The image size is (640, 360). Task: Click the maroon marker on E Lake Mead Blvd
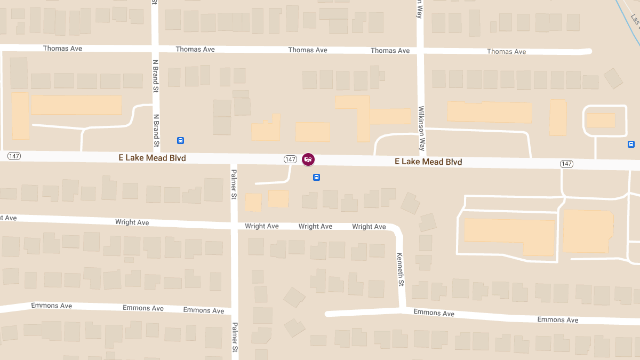click(x=308, y=159)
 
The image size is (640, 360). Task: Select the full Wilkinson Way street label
click(x=422, y=129)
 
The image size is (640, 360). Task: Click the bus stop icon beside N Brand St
click(x=180, y=140)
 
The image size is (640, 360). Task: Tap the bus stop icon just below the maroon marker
click(x=316, y=177)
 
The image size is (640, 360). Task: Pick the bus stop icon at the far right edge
click(x=631, y=144)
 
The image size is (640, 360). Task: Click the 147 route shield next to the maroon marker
click(x=290, y=159)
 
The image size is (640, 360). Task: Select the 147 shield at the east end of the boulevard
click(x=566, y=164)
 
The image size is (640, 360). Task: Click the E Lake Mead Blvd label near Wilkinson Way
click(x=428, y=162)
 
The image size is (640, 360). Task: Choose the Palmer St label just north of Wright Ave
click(x=234, y=185)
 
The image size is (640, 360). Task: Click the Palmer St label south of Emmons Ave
click(x=234, y=337)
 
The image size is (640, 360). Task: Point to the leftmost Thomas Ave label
click(x=62, y=49)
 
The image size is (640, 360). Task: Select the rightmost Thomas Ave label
click(x=506, y=52)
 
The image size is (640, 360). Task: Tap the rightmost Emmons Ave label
click(x=557, y=320)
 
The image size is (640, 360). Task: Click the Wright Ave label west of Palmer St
click(x=132, y=222)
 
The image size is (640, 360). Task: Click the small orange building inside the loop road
click(x=601, y=120)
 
